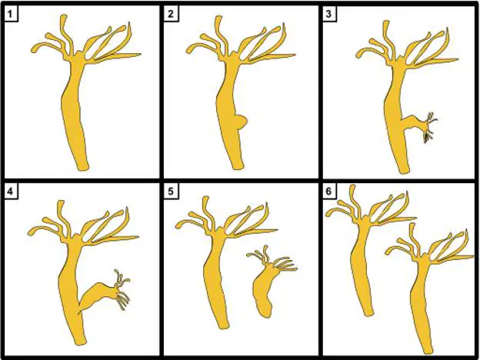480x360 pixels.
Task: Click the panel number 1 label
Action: pos(11,15)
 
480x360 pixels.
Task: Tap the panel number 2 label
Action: pos(171,15)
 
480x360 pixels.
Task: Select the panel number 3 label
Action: pos(329,15)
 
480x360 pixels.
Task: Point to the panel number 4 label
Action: pos(11,192)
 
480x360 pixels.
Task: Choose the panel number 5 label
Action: pos(171,192)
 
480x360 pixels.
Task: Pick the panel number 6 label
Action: pos(329,192)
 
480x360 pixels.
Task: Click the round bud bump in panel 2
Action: pos(241,122)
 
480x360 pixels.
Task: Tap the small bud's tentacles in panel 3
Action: pos(429,127)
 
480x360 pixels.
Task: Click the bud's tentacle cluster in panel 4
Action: pos(122,289)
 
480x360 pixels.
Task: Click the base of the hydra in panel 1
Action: pos(82,166)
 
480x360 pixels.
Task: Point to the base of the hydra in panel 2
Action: pos(238,165)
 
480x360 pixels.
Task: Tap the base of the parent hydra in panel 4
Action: pos(80,342)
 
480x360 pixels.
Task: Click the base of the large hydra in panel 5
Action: pos(224,325)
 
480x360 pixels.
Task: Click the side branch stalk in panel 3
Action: pos(412,123)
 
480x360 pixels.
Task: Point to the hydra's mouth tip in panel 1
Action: pos(80,54)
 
